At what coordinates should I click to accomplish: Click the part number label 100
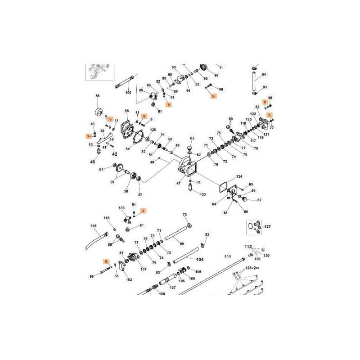pyautogui.click(x=128, y=93)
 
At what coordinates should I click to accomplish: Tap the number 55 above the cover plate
pyautogui.click(x=126, y=111)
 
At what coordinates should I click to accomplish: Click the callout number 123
pyautogui.click(x=203, y=194)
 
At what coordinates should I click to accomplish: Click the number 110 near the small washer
pyautogui.click(x=107, y=218)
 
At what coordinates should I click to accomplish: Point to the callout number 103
pyautogui.click(x=121, y=208)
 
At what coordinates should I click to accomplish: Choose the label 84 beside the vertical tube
pyautogui.click(x=264, y=75)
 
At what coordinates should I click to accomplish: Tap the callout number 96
pyautogui.click(x=216, y=76)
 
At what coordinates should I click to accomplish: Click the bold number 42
pyautogui.click(x=114, y=154)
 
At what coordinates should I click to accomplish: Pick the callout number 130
pyautogui.click(x=267, y=256)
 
